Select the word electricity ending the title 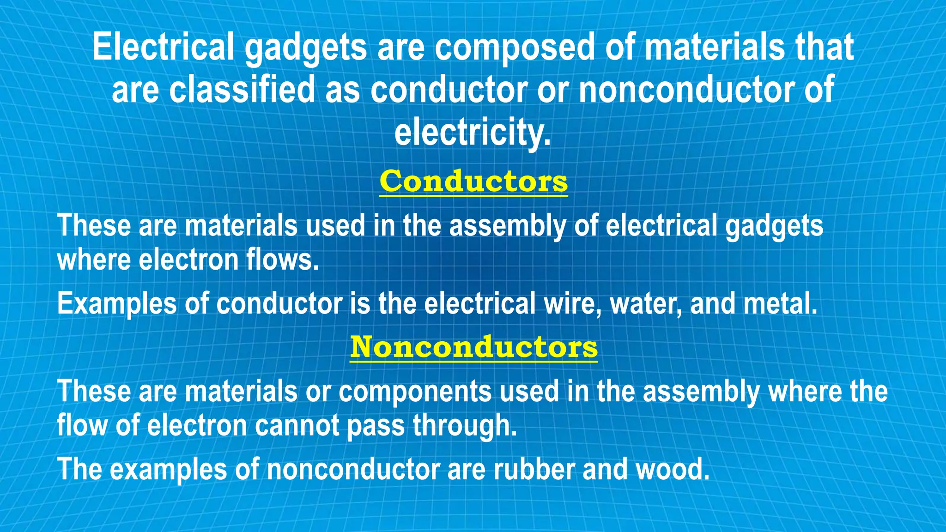473,132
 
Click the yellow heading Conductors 473,181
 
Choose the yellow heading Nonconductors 473,347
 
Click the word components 415,392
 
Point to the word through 464,425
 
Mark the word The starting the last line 79,469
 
